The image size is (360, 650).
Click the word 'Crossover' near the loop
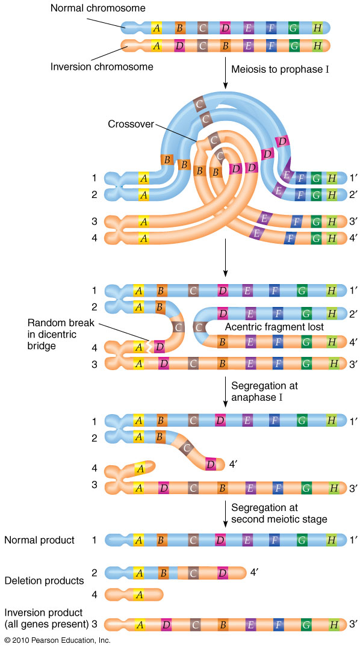tap(131, 124)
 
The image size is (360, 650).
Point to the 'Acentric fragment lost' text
tap(275, 326)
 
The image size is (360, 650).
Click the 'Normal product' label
tap(39, 540)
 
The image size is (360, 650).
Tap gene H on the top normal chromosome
tap(317, 27)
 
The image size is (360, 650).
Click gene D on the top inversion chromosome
tap(179, 45)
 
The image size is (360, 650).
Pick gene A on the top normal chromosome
tap(157, 27)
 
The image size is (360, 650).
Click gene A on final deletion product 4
tap(138, 595)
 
